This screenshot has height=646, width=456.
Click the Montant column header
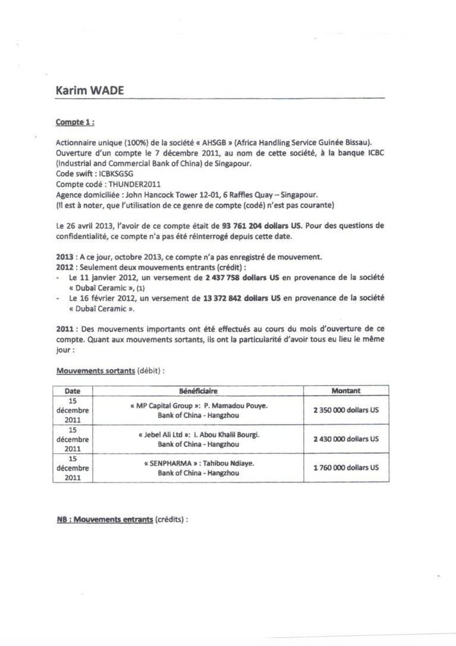pos(345,391)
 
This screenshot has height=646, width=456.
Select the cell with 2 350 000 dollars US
pos(345,410)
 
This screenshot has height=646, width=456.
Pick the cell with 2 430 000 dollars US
pos(345,439)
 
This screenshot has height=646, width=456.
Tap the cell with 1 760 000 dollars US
pos(345,468)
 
